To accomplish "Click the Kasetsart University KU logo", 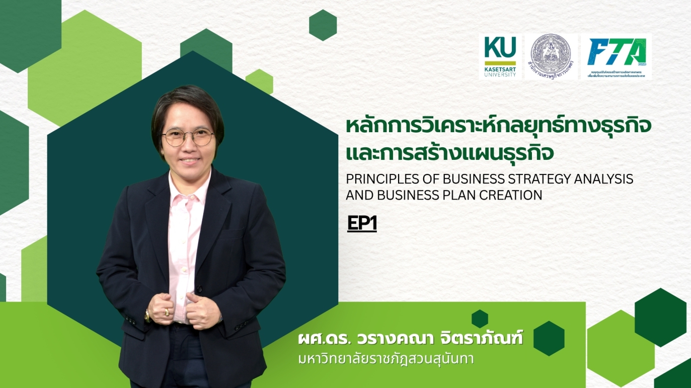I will (500, 56).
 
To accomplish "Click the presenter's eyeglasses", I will (188, 137).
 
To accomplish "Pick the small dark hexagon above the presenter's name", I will (480, 319).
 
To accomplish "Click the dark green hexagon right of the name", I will (549, 338).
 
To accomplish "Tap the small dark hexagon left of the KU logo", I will (323, 25).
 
